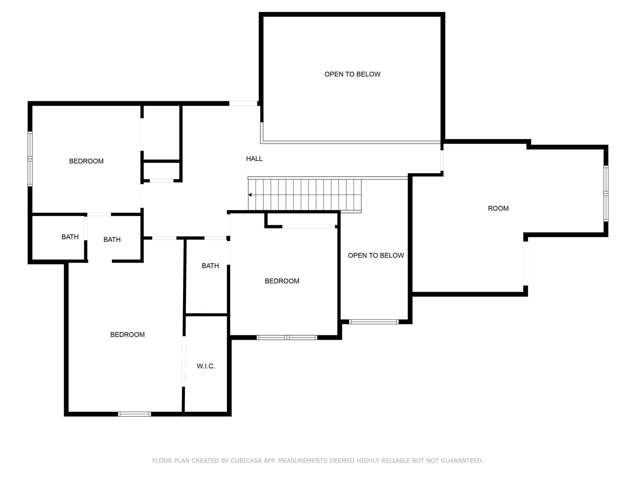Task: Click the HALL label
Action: click(x=254, y=159)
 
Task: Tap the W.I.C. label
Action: click(x=206, y=366)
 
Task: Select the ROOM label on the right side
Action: click(x=498, y=208)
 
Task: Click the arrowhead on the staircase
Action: click(x=250, y=195)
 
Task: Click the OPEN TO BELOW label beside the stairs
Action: click(x=376, y=255)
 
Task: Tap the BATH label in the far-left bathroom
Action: click(x=70, y=237)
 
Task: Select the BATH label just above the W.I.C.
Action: click(x=210, y=266)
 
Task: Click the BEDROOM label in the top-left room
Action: click(x=86, y=161)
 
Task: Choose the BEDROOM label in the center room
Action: click(x=282, y=281)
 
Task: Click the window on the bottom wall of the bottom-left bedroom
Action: click(x=134, y=414)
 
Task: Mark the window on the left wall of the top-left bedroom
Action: click(x=30, y=159)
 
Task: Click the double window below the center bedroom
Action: click(x=287, y=338)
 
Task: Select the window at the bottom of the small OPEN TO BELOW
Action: click(x=373, y=322)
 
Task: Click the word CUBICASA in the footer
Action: click(x=246, y=461)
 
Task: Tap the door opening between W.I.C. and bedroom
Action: click(x=184, y=361)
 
